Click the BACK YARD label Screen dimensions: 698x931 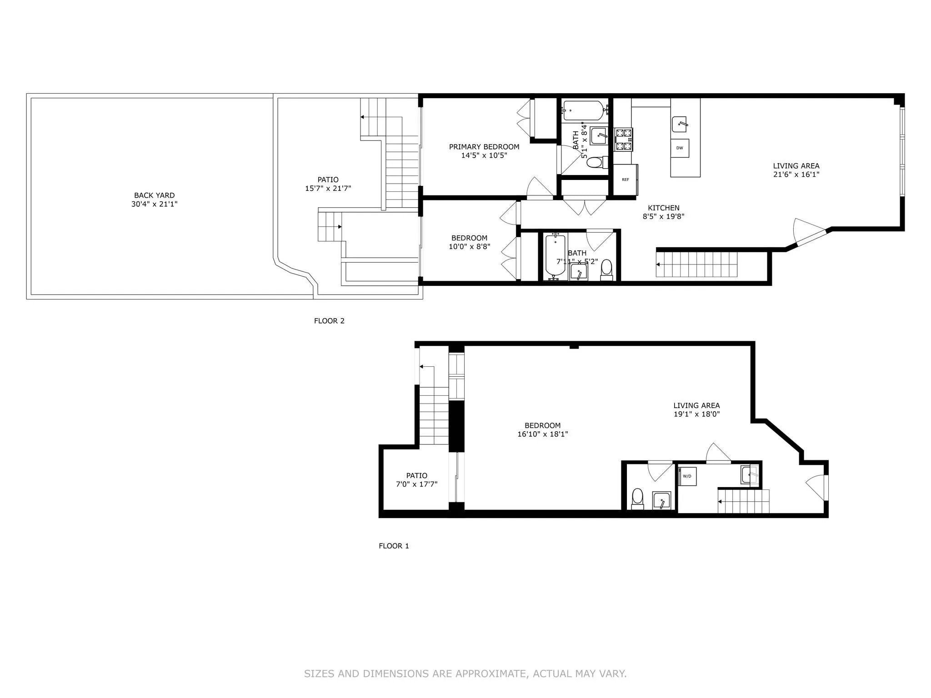[x=154, y=195]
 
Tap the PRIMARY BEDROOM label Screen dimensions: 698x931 [x=484, y=147]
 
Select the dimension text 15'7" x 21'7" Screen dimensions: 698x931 [x=328, y=188]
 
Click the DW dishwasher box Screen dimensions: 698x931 [x=680, y=148]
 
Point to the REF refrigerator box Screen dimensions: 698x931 [x=626, y=179]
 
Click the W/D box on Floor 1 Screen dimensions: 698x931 [x=687, y=476]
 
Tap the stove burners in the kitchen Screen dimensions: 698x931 [x=623, y=140]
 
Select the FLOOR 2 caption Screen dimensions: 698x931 [x=329, y=321]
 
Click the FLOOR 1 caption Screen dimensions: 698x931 [x=394, y=546]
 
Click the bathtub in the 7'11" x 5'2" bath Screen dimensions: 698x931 [x=555, y=255]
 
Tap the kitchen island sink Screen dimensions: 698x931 [x=679, y=124]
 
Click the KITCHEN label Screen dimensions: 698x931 [x=663, y=208]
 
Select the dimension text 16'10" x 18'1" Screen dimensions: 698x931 [x=542, y=434]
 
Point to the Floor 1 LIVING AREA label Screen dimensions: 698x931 [x=696, y=405]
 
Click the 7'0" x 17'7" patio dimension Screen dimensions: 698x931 [x=416, y=484]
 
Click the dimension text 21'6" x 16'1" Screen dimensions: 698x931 [x=796, y=174]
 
